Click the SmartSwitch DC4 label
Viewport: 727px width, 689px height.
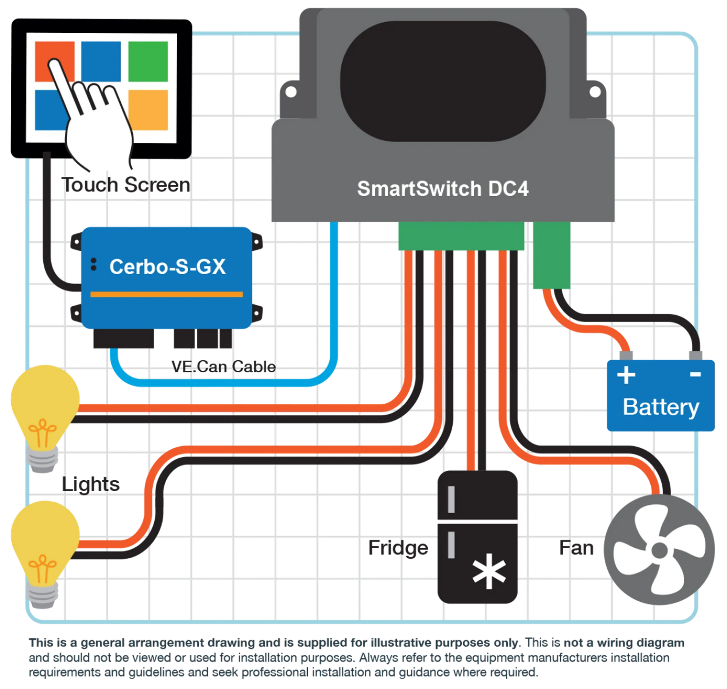(x=443, y=189)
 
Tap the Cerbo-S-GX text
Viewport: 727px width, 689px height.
(x=167, y=267)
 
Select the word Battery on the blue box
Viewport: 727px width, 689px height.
(x=661, y=407)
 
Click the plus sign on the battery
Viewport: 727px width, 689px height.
(x=626, y=375)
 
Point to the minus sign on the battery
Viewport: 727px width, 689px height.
(x=695, y=374)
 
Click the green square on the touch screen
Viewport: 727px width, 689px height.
(x=148, y=61)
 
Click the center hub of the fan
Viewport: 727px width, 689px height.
(x=660, y=550)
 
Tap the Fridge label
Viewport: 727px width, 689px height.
(x=398, y=548)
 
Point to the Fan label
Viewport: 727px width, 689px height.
(x=576, y=548)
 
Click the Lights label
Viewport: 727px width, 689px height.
(x=90, y=484)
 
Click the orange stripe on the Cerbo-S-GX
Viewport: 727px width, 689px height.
(x=166, y=294)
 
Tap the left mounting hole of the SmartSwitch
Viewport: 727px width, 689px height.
(x=291, y=92)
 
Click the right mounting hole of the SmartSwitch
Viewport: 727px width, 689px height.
(x=595, y=92)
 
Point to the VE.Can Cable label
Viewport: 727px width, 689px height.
(x=223, y=366)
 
